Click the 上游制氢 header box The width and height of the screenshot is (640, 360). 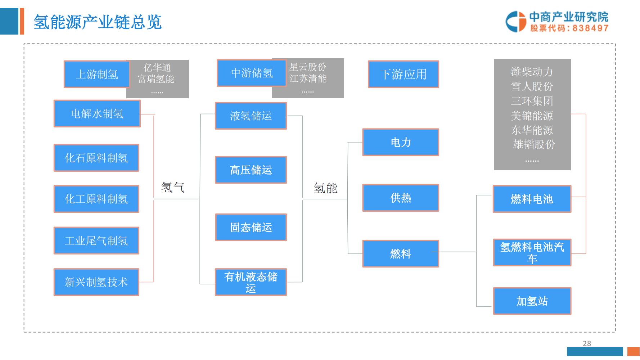[x=96, y=74]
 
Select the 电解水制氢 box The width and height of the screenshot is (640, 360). [x=97, y=114]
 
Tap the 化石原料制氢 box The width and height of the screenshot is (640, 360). [x=96, y=158]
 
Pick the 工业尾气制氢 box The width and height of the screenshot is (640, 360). [x=96, y=240]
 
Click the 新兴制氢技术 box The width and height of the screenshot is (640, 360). [x=96, y=282]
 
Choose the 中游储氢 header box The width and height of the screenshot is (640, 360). [x=251, y=73]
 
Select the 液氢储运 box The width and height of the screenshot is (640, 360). [x=251, y=116]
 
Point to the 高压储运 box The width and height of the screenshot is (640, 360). [x=251, y=170]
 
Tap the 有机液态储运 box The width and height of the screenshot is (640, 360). [x=251, y=282]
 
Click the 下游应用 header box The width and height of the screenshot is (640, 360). [x=403, y=74]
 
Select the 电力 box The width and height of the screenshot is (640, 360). [x=400, y=142]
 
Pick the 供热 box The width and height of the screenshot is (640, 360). [x=400, y=198]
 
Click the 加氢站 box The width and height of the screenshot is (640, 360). [x=532, y=301]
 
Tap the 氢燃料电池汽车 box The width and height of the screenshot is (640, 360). [x=532, y=252]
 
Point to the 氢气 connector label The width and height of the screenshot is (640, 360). [x=172, y=188]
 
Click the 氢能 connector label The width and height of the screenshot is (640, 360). [x=325, y=188]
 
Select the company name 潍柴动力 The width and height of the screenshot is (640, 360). [x=532, y=72]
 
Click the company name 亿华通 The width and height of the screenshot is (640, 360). [x=157, y=68]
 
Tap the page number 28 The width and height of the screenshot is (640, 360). [x=587, y=343]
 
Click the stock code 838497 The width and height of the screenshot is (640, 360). [x=590, y=28]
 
